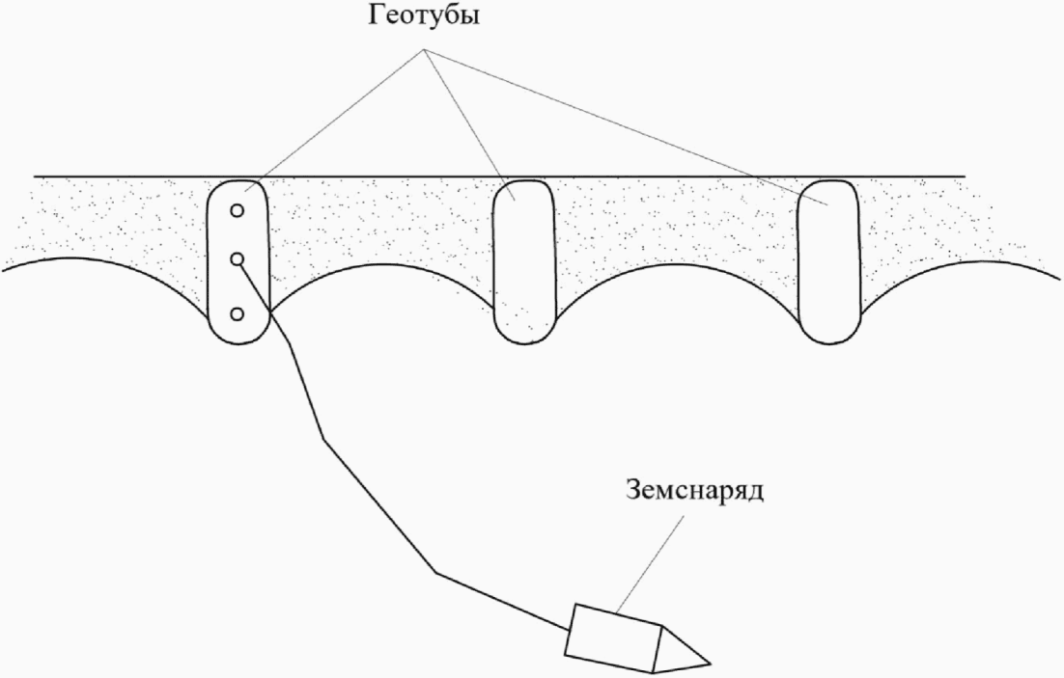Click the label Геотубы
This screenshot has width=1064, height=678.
pos(422,19)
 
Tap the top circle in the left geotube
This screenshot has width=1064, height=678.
pos(237,209)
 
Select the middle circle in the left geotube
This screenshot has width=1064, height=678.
pos(237,258)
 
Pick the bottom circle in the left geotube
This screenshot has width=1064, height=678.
pos(237,314)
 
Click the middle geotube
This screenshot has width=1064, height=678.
pos(524,260)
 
